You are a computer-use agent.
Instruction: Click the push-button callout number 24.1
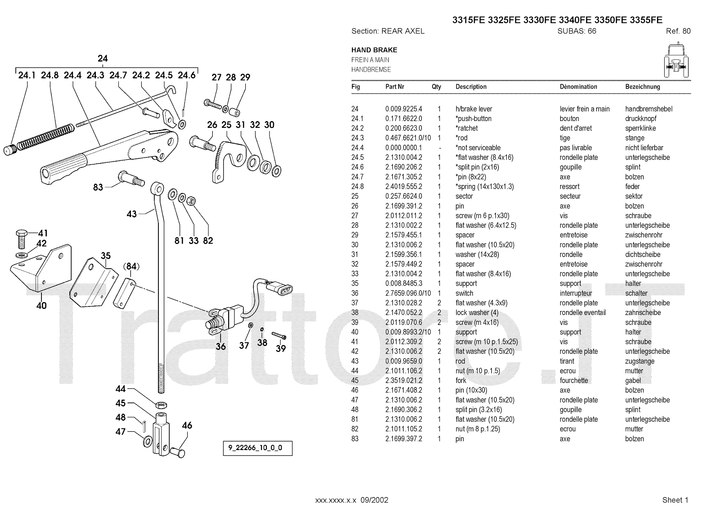[x=27, y=75]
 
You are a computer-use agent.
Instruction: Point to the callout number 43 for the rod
[x=131, y=214]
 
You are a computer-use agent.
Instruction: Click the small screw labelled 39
[x=279, y=336]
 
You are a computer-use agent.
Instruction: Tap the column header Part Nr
[x=395, y=87]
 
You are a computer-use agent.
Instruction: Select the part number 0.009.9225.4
[x=404, y=109]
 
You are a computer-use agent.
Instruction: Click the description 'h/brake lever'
[x=474, y=109]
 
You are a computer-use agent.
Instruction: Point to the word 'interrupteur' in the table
[x=576, y=293]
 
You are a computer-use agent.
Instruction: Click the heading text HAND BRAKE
[x=374, y=50]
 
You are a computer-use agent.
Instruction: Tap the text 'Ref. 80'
[x=678, y=31]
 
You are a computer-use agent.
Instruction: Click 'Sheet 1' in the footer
[x=675, y=500]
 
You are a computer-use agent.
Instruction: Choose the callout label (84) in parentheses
[x=131, y=267]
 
